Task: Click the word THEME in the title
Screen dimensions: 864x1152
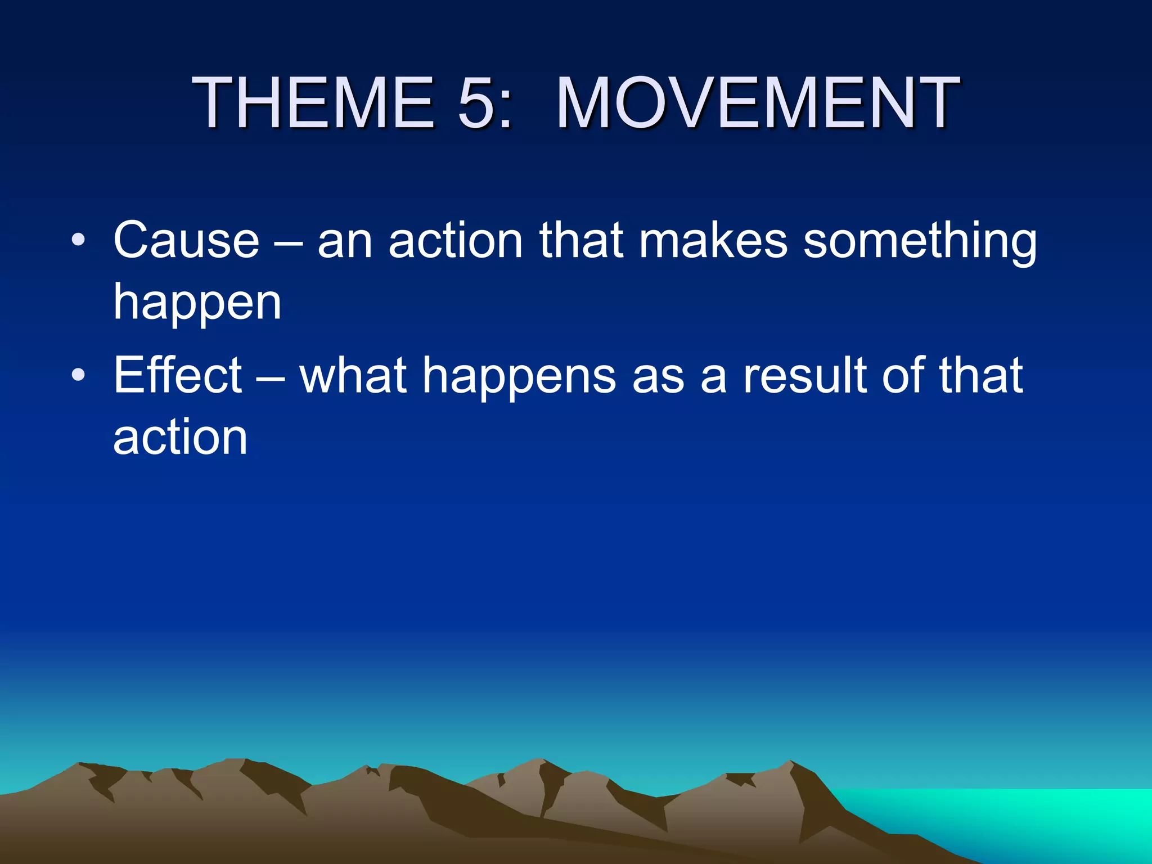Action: [x=313, y=103]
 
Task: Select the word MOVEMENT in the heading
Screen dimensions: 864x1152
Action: [x=757, y=103]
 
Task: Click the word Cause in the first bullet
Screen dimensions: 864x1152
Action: [x=186, y=241]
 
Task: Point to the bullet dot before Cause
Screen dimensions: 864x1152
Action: [x=78, y=241]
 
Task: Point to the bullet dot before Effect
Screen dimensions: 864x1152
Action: [x=78, y=375]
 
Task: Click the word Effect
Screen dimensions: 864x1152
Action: [x=178, y=375]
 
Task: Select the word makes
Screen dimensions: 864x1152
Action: [x=713, y=241]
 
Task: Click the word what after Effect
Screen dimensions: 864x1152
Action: [x=353, y=375]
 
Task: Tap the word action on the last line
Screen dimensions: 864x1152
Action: [x=180, y=438]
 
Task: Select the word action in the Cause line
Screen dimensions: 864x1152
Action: [x=456, y=241]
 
